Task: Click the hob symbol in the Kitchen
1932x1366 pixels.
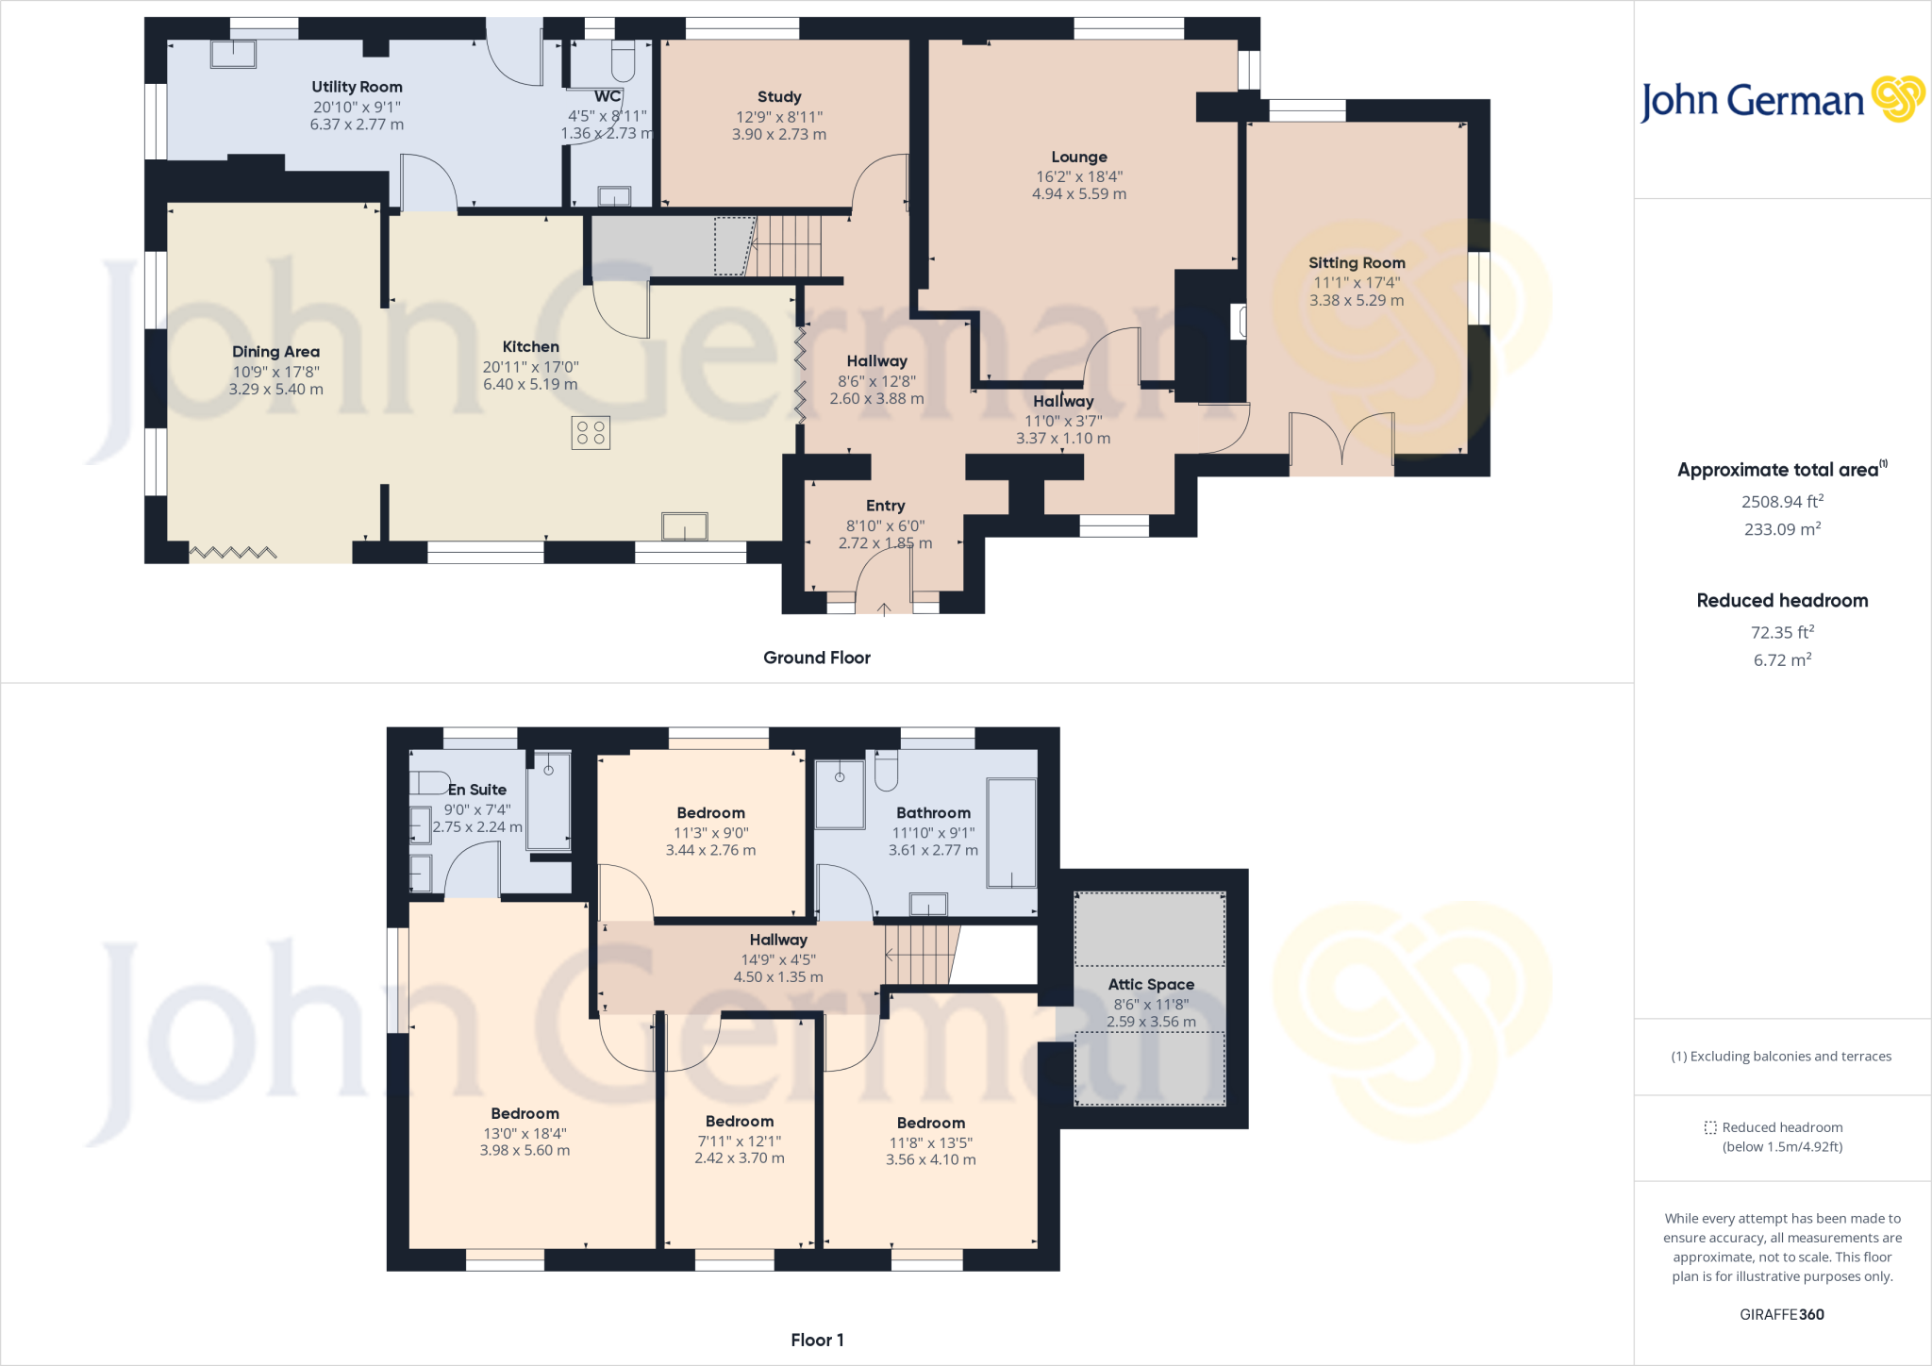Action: (591, 433)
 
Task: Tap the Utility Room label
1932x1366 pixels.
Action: (357, 87)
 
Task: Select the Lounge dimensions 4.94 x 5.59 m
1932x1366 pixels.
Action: (1078, 194)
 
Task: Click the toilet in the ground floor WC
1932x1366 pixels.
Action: (623, 60)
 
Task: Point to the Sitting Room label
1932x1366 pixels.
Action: (1356, 263)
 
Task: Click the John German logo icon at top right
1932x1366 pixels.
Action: (1897, 99)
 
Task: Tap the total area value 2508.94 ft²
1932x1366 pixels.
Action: (1781, 502)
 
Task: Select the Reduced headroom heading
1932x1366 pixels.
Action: (1781, 601)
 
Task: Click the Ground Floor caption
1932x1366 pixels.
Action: (816, 658)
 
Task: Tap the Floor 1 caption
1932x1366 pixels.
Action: (816, 1340)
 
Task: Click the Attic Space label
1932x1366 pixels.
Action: (1150, 984)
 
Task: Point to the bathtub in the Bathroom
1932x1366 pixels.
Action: (1011, 833)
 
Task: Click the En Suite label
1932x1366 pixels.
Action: (477, 790)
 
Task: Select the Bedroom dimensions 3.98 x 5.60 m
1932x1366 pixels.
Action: (525, 1151)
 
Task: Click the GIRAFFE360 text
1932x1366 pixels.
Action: (1781, 1314)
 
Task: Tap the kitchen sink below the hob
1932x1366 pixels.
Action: (684, 525)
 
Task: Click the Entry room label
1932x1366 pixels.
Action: (885, 506)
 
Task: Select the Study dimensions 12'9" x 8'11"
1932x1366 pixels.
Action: (778, 117)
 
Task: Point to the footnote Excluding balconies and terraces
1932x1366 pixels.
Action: (1781, 1057)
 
